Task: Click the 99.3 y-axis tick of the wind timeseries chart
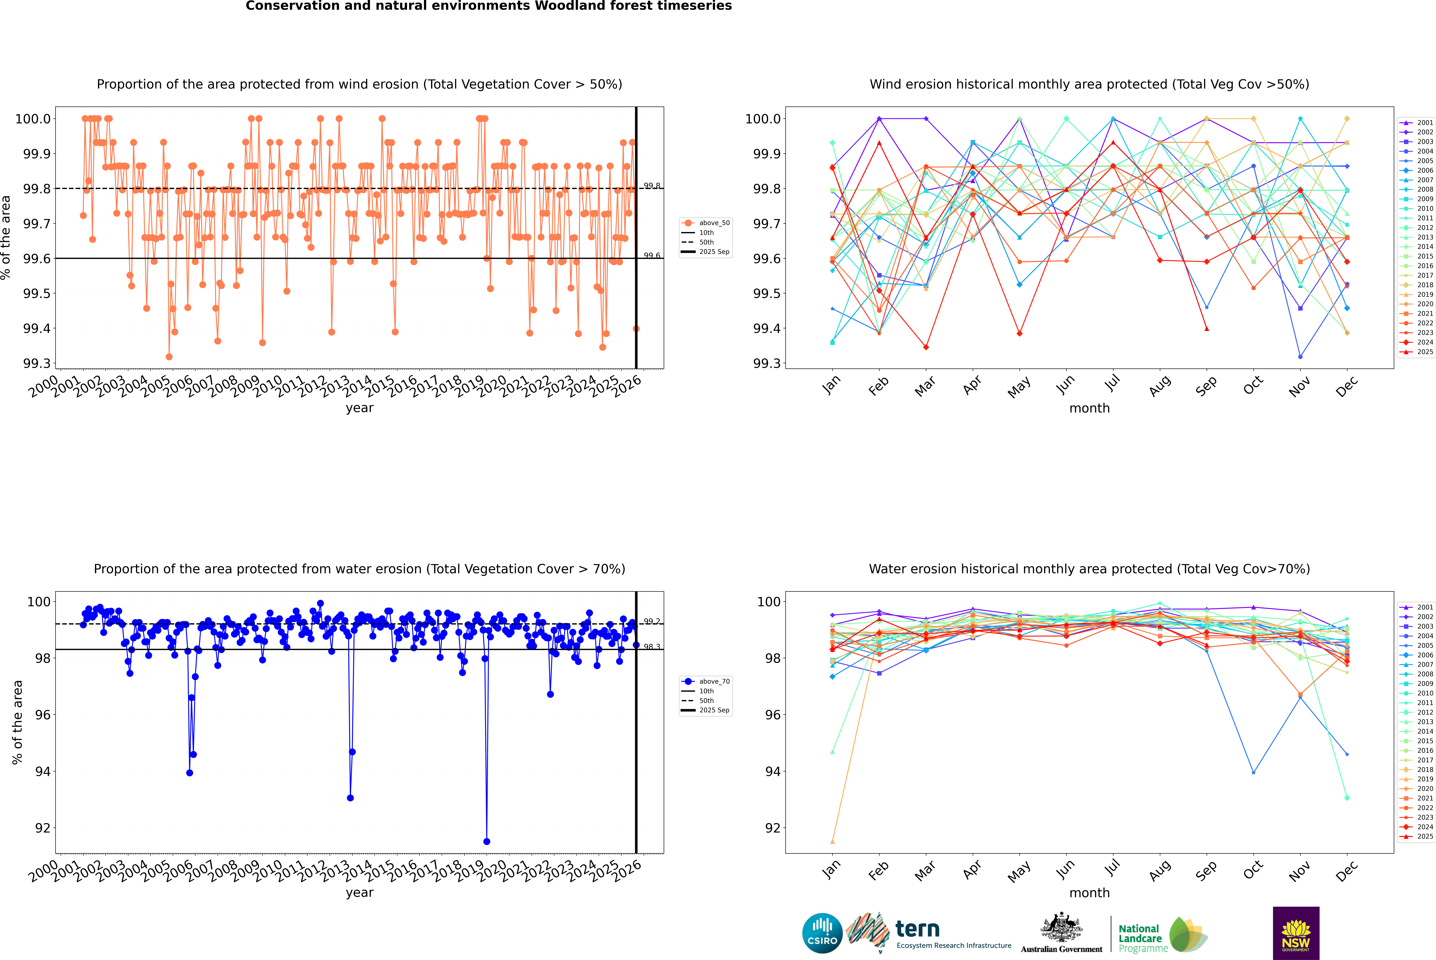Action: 37,364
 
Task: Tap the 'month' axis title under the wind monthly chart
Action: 1089,408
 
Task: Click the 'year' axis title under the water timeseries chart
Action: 359,893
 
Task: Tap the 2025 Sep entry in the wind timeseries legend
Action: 714,252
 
